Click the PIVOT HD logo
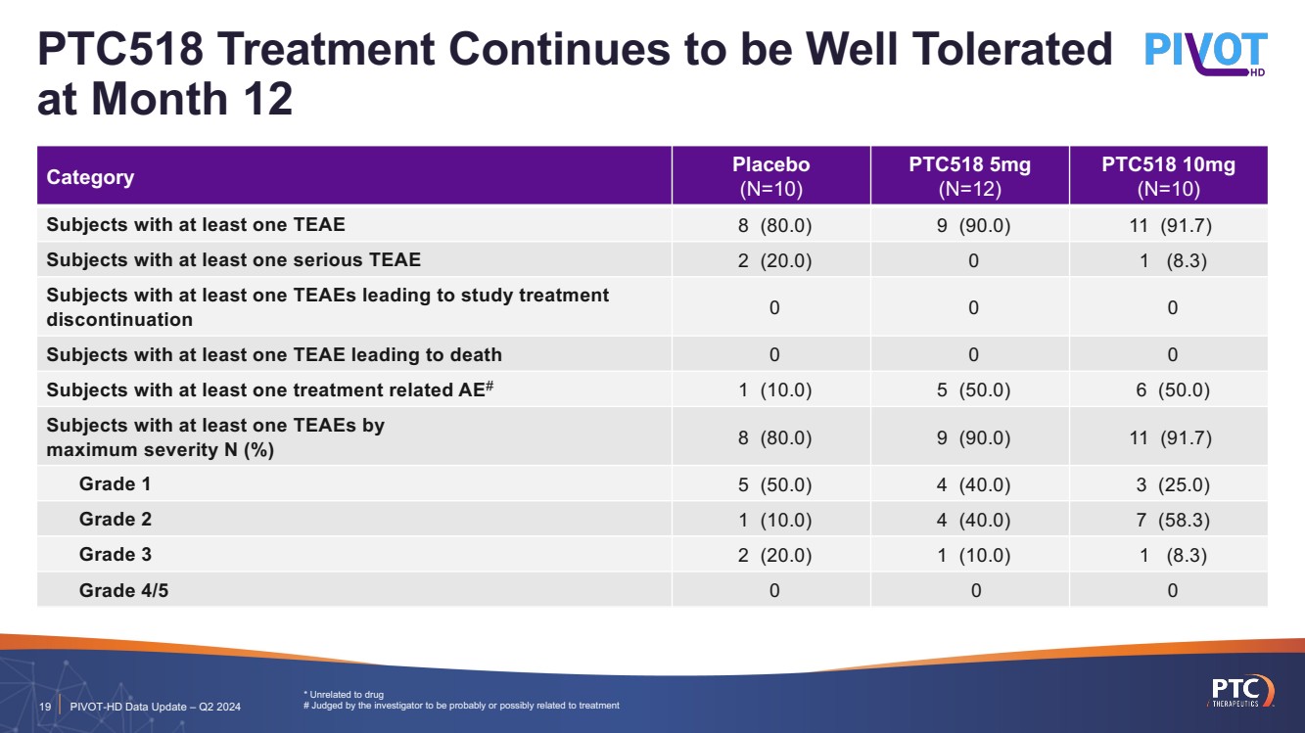click(x=1205, y=55)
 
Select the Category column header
click(x=90, y=177)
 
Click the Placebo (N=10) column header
click(x=771, y=176)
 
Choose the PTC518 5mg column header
click(x=969, y=176)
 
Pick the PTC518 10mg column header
click(x=1168, y=176)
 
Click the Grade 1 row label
click(x=115, y=483)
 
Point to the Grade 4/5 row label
click(x=123, y=590)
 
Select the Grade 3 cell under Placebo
click(x=773, y=555)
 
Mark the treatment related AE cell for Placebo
click(x=773, y=389)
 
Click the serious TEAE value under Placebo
click(x=773, y=259)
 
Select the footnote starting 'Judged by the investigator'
click(x=466, y=706)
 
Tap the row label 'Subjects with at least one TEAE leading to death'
click(x=274, y=354)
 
